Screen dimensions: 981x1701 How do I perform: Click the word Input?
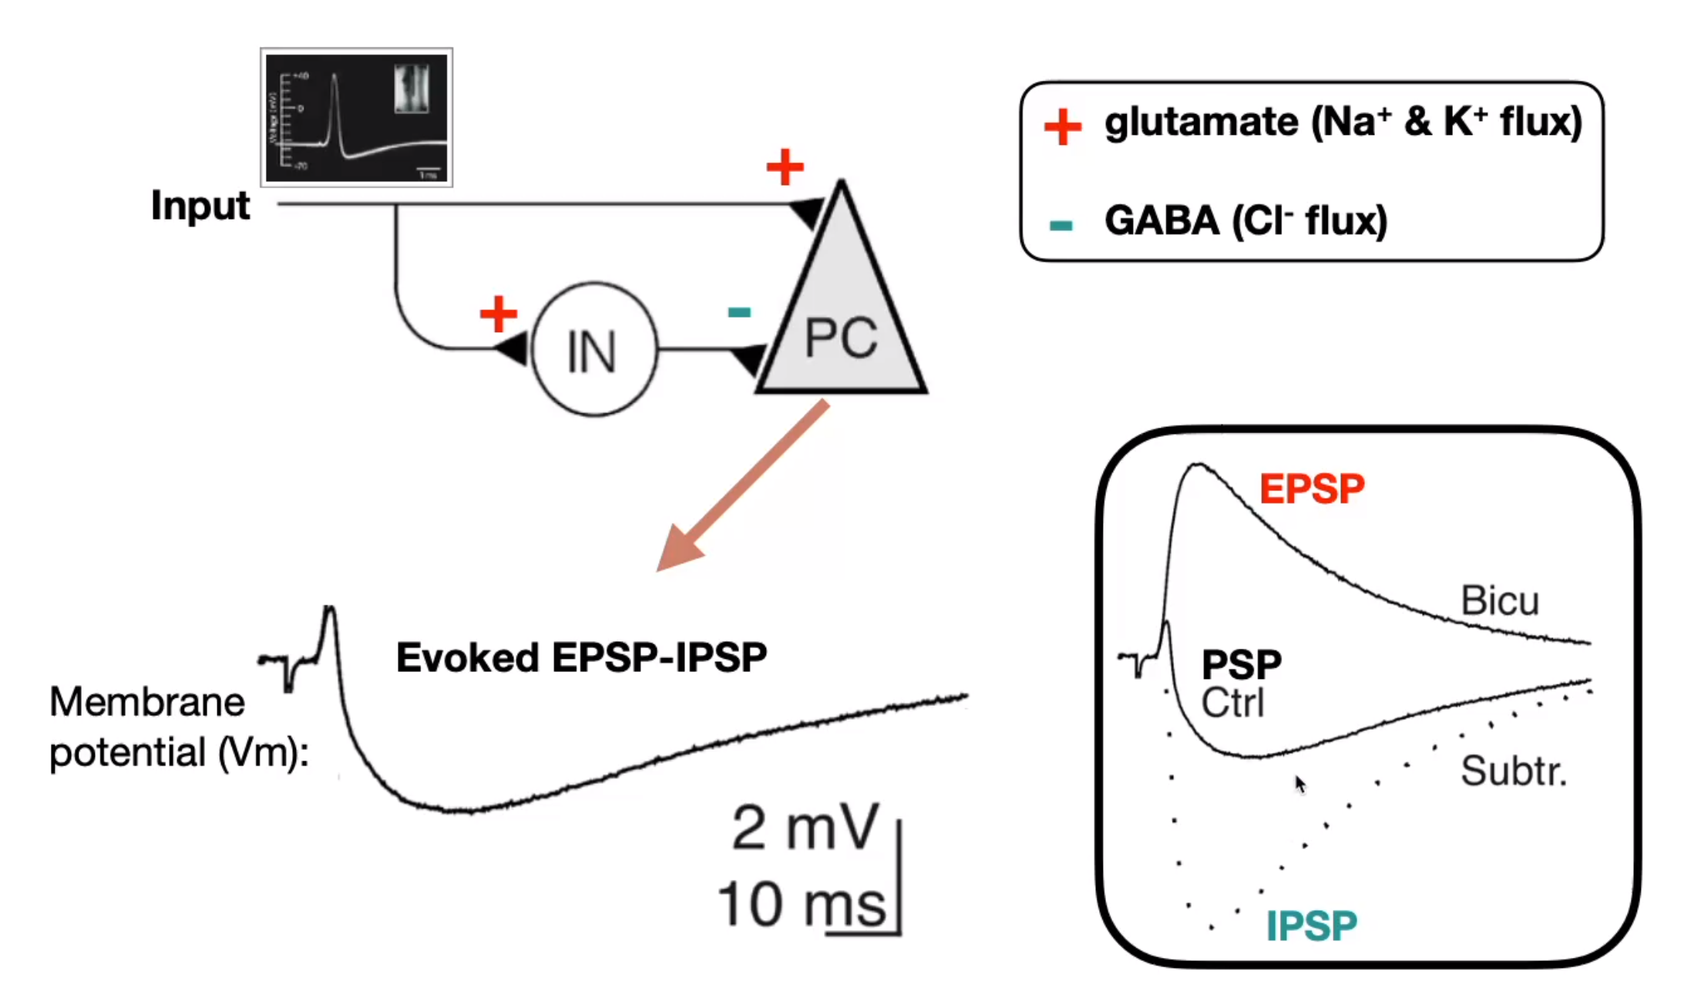point(200,206)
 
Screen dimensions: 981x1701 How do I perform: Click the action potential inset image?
point(356,117)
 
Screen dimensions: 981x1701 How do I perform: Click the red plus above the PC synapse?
point(785,167)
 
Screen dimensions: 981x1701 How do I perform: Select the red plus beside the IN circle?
point(498,314)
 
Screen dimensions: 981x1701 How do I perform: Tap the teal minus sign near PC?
point(739,312)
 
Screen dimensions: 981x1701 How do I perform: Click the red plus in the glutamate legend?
point(1062,126)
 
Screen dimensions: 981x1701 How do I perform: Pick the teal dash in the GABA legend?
point(1061,225)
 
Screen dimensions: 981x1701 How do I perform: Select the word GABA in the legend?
point(1161,222)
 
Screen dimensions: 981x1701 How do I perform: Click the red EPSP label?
point(1312,489)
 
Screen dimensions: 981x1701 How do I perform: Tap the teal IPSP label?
point(1311,926)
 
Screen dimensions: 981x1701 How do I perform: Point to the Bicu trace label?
point(1499,601)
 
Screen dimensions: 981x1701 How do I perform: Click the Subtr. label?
point(1513,771)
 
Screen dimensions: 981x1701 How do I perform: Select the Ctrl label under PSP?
point(1232,703)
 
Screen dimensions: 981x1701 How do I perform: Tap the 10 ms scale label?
point(802,905)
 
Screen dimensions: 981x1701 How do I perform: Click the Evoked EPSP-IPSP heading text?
point(581,658)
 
